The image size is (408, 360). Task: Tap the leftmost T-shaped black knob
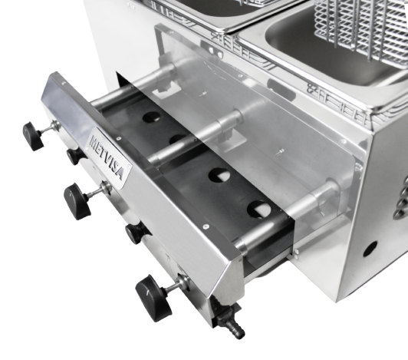click(x=33, y=136)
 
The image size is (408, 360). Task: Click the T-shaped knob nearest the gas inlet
click(x=154, y=298)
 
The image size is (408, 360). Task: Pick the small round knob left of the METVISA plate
click(x=75, y=156)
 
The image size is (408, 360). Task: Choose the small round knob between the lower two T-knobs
click(x=136, y=233)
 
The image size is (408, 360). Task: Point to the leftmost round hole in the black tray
click(x=151, y=117)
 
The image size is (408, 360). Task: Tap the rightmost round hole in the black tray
click(x=259, y=209)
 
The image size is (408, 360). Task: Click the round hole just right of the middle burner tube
click(x=219, y=175)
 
